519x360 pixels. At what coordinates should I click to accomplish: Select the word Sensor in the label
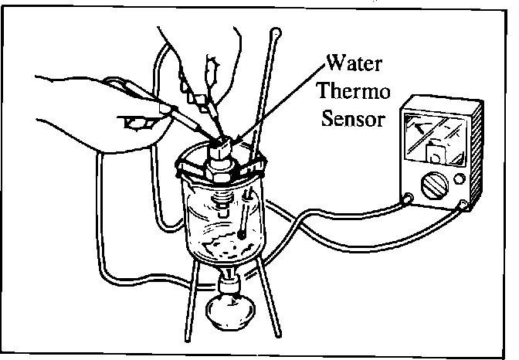(354, 121)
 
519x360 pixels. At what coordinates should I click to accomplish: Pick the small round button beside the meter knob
(460, 179)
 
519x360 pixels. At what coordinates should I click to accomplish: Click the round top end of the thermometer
(276, 32)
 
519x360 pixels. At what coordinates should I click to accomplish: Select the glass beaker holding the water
(224, 220)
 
